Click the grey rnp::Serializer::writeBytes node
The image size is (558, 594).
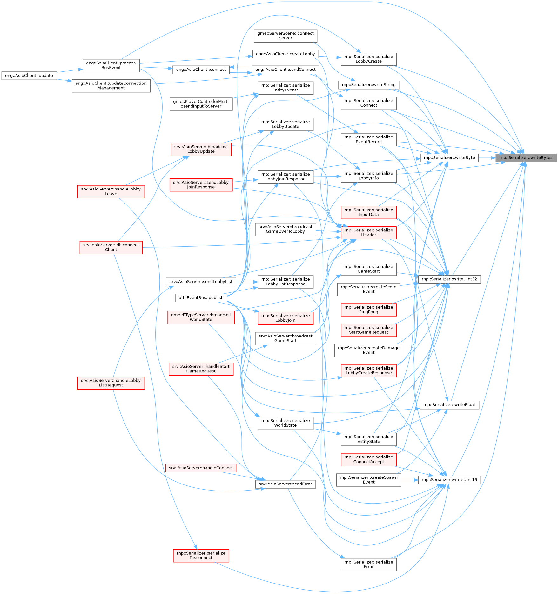click(x=526, y=158)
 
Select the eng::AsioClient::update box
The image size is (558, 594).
click(x=29, y=76)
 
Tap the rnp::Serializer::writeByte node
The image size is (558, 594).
click(x=449, y=158)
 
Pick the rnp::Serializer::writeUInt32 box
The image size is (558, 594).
click(x=449, y=279)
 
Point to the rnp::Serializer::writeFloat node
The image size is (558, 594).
click(x=449, y=405)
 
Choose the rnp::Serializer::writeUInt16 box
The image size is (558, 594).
click(x=449, y=480)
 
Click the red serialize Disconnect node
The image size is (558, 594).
click(x=201, y=555)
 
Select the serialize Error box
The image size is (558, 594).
click(x=368, y=564)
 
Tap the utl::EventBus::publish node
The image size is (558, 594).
click(x=201, y=298)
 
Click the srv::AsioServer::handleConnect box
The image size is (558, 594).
click(x=201, y=468)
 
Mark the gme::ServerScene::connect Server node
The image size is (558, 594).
click(x=285, y=36)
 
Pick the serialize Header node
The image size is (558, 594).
click(x=368, y=232)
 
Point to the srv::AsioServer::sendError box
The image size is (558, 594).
click(x=285, y=484)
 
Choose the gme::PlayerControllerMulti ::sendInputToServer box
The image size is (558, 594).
click(x=201, y=104)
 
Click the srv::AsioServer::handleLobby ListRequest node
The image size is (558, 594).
click(x=111, y=383)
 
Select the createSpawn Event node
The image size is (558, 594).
click(x=368, y=480)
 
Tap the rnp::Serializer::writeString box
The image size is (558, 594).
click(x=368, y=85)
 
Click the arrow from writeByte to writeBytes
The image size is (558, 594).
click(x=487, y=158)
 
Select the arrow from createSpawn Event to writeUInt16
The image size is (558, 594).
click(x=410, y=480)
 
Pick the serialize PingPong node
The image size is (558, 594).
click(x=368, y=310)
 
